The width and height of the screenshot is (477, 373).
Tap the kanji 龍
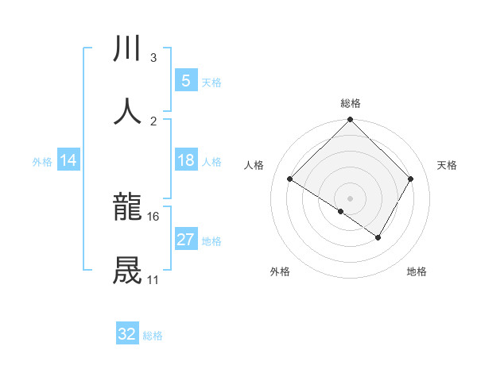pos(128,208)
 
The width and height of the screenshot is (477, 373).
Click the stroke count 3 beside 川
pos(153,57)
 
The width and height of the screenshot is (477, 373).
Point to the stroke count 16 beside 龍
pos(153,216)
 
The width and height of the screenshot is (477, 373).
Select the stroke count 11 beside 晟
pos(153,279)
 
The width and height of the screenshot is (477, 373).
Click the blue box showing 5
pos(185,80)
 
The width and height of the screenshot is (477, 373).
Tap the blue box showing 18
pos(185,160)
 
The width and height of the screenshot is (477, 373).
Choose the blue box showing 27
pos(185,240)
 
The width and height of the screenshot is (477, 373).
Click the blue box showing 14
pos(68,160)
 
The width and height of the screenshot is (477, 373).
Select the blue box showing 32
pos(127,334)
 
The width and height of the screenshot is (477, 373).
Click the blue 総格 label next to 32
pos(153,336)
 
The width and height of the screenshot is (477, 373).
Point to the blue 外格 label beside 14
pos(42,161)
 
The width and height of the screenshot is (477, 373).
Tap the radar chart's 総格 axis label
pos(350,103)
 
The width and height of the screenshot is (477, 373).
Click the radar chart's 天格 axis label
pos(447,165)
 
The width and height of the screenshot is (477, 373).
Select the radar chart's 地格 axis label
pos(417,271)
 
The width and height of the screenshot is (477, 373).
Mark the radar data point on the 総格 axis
pos(350,121)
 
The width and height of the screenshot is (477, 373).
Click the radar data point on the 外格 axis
pos(341,211)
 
